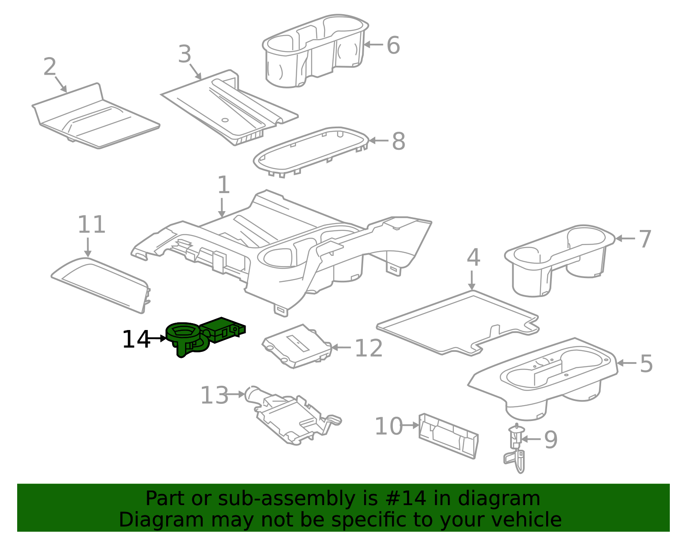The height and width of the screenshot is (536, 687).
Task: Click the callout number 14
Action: [135, 339]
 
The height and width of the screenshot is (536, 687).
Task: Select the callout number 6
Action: [393, 45]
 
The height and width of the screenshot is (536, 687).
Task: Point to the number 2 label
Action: [50, 67]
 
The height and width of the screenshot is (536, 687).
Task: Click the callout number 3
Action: [185, 55]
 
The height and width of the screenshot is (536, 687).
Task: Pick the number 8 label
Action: [398, 141]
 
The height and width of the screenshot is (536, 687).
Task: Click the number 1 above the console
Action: [223, 185]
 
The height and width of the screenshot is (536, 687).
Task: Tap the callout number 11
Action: [91, 224]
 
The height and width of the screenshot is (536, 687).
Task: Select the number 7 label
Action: [645, 239]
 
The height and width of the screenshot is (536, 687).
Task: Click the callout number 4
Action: [473, 257]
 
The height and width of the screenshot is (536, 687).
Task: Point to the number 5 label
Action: [646, 363]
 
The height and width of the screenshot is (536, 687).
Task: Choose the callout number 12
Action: [368, 348]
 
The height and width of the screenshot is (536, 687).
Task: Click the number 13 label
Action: [214, 395]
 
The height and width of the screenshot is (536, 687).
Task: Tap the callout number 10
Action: [388, 426]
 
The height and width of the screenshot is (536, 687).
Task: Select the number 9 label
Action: [550, 439]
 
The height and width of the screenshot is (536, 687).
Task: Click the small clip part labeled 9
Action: [516, 448]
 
